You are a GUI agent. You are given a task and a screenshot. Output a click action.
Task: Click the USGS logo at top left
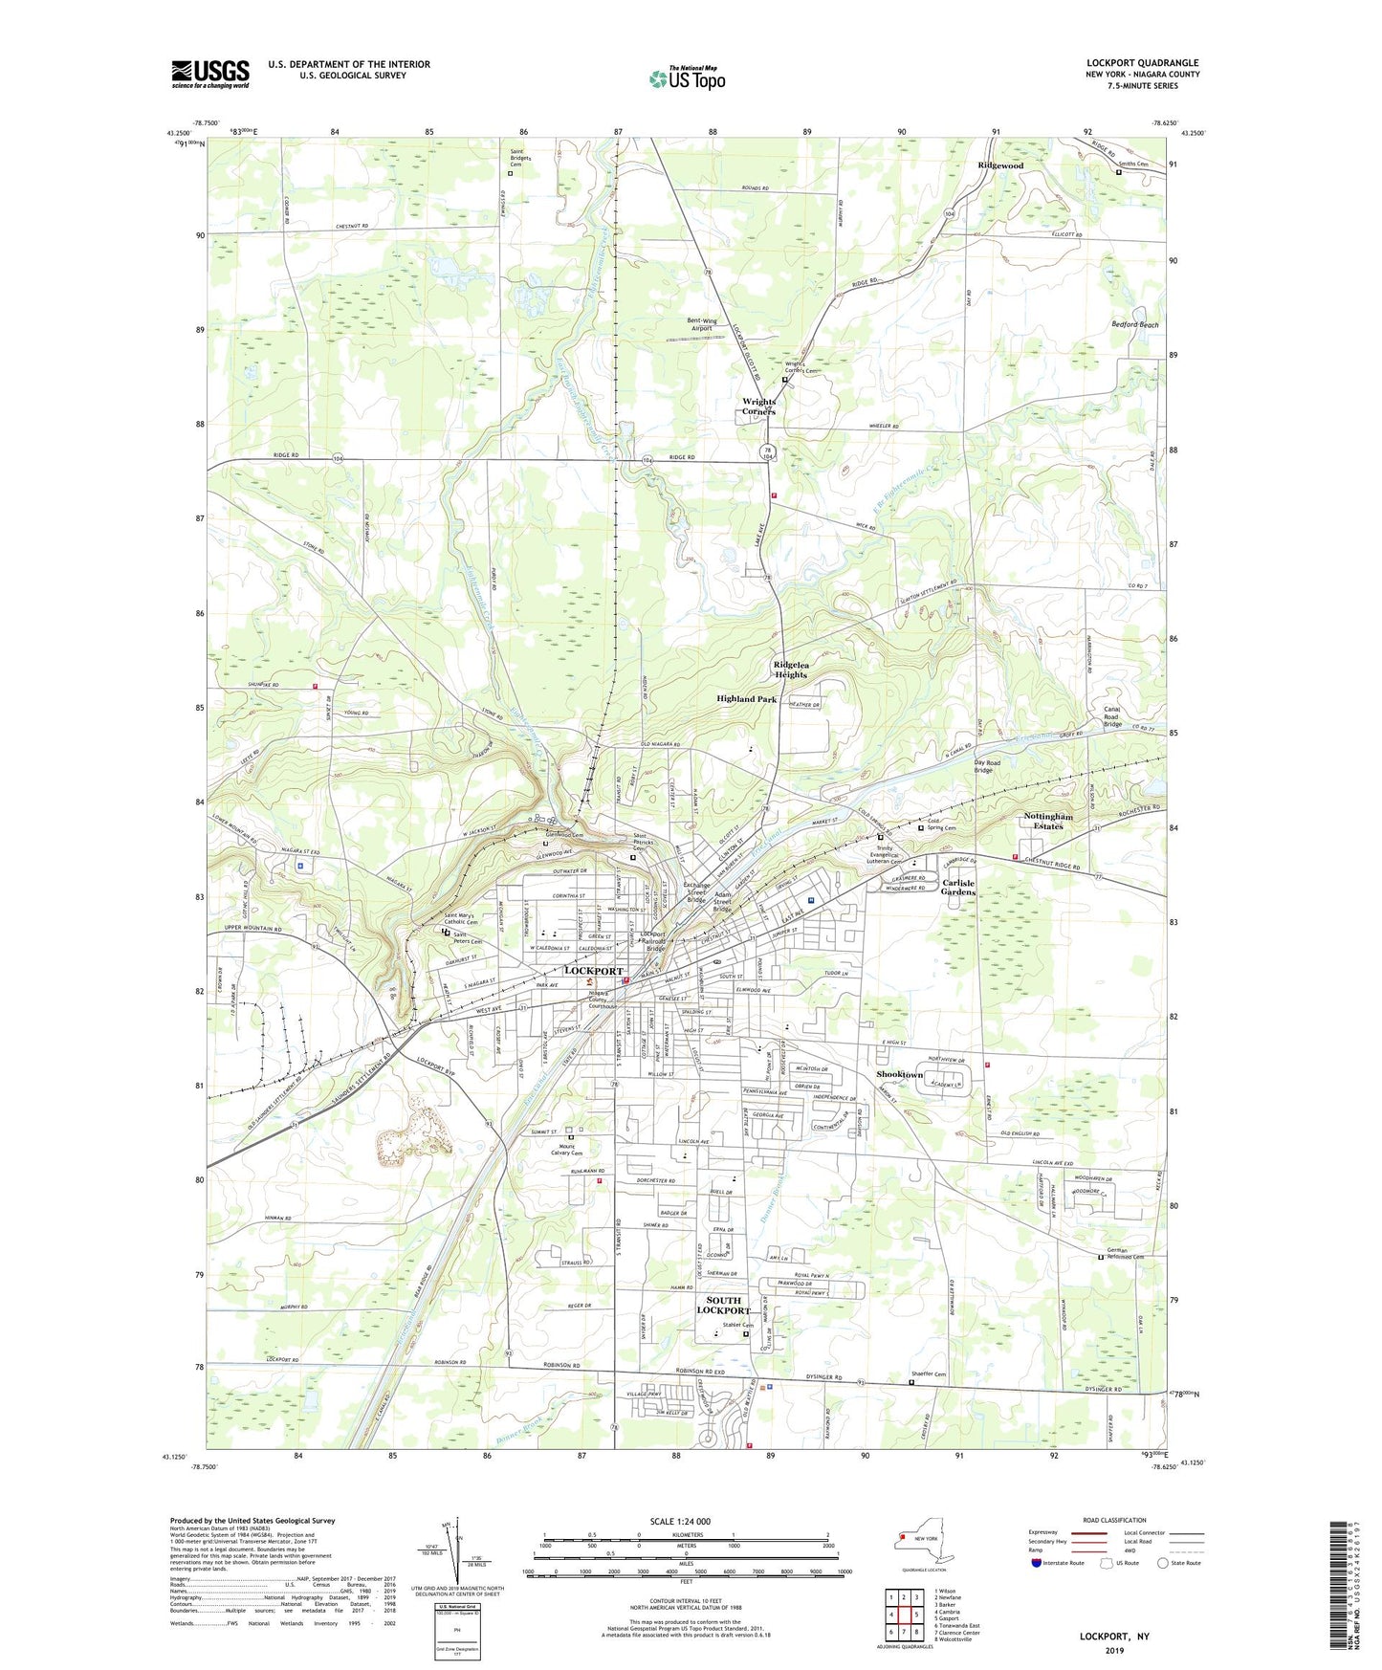tap(210, 74)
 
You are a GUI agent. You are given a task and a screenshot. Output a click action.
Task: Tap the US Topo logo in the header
tap(687, 78)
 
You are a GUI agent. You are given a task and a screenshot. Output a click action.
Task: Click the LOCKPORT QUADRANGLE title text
tap(1142, 63)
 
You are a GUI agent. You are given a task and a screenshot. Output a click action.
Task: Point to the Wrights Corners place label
tap(759, 407)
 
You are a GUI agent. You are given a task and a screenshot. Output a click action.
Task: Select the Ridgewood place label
tap(1000, 165)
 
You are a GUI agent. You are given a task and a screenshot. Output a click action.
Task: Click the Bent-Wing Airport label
tap(701, 324)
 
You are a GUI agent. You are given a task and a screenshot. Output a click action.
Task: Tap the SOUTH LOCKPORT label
tap(723, 1306)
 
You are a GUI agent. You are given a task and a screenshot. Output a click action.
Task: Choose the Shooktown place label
tap(900, 1074)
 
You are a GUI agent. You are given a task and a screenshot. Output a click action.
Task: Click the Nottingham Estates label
tap(1048, 821)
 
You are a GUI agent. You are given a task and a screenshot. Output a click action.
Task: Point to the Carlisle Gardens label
tap(958, 887)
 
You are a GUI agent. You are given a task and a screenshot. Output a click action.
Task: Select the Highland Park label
tap(746, 699)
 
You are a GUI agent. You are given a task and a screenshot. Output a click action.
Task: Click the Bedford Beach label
tap(1134, 324)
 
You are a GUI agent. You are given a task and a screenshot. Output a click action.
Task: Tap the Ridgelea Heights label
tap(791, 670)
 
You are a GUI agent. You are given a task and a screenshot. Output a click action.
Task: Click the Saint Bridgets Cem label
tap(521, 160)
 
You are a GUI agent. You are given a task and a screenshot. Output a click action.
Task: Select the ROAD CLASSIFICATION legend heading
tap(1113, 1519)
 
